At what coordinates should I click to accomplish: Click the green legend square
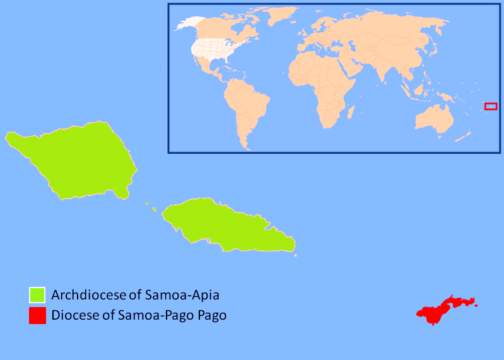pyautogui.click(x=37, y=294)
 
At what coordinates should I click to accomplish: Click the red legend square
pyautogui.click(x=37, y=315)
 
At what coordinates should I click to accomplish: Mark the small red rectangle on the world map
pyautogui.click(x=491, y=106)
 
